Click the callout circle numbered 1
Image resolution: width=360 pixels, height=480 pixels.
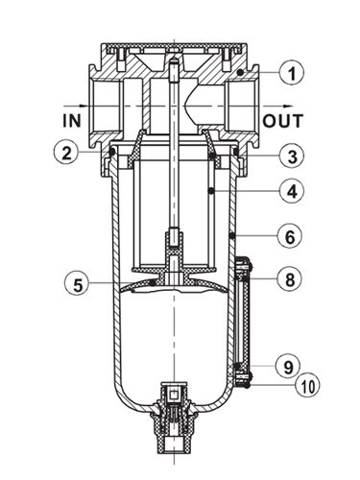point(291,73)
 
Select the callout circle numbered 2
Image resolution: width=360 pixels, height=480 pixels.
point(66,154)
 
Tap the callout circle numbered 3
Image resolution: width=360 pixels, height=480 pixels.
point(292,156)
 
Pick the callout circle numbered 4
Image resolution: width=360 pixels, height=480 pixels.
point(291,191)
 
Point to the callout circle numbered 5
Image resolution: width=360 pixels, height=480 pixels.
point(77,283)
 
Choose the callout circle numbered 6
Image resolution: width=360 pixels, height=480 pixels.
point(290,236)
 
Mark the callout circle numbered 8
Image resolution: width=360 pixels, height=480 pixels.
point(290,279)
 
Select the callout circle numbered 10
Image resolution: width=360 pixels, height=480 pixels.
point(308,385)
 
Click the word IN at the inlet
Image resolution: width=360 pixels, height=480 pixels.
point(72,121)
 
